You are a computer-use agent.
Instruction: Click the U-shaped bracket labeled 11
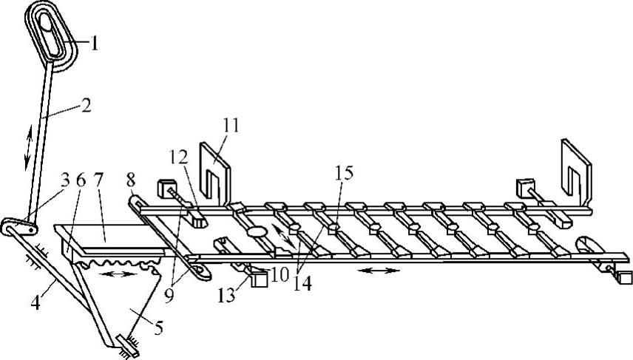point(214,174)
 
